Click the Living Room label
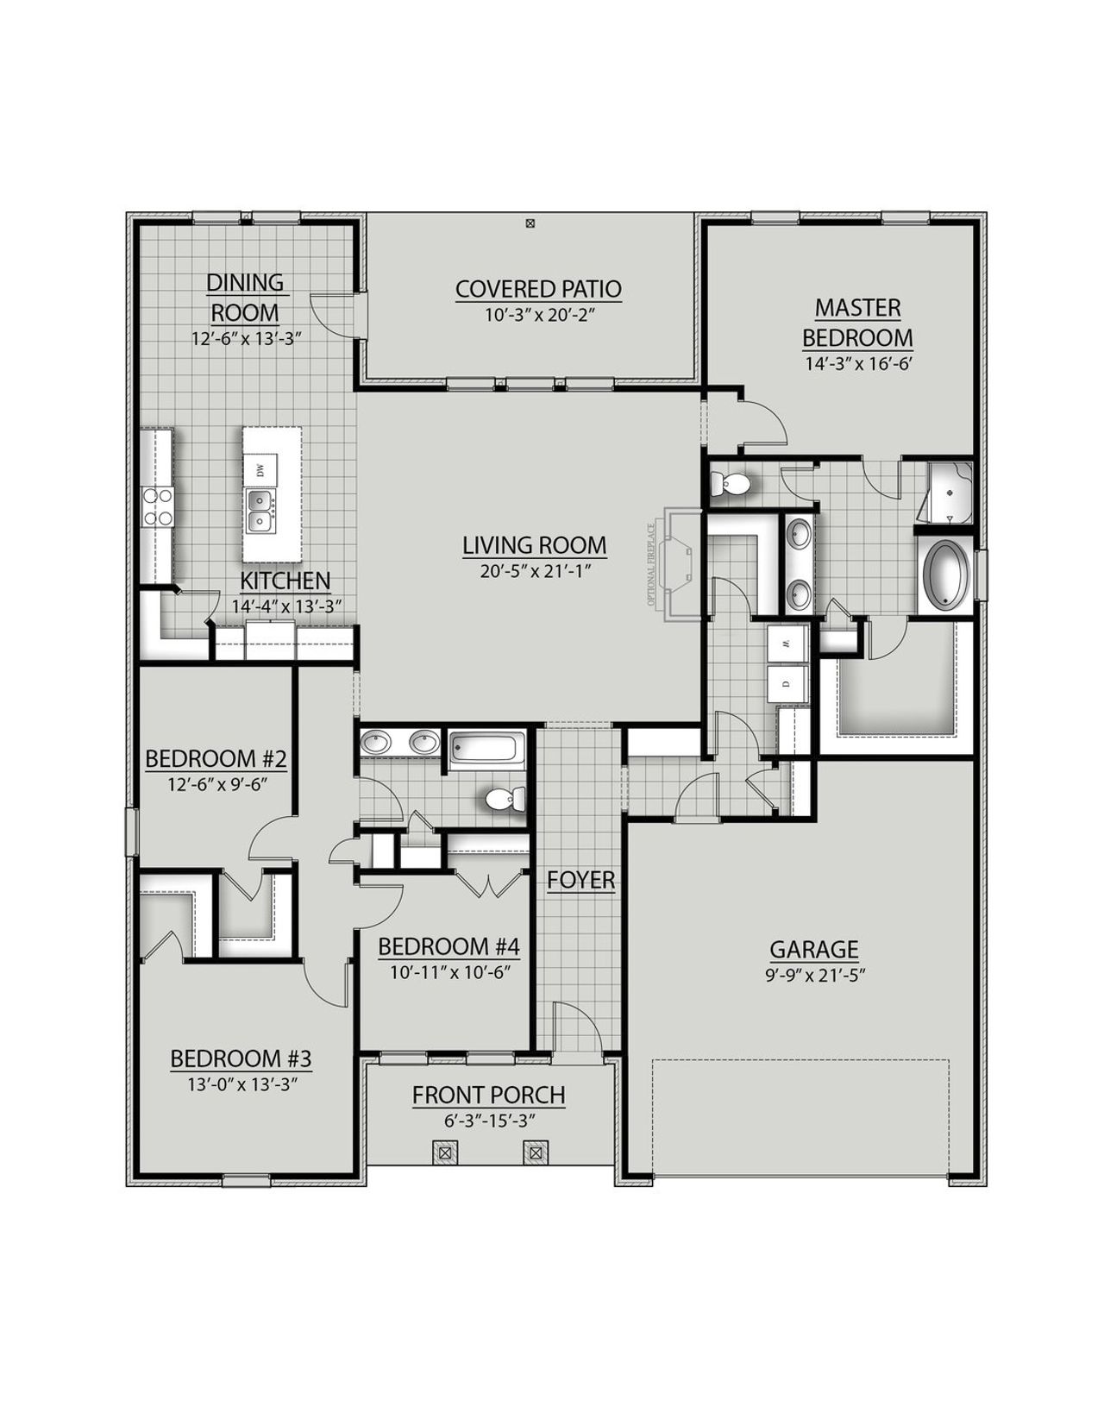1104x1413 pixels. click(x=534, y=545)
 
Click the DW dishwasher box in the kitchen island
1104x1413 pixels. click(x=260, y=469)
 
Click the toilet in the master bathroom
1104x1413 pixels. click(x=731, y=484)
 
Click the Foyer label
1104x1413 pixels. click(x=580, y=880)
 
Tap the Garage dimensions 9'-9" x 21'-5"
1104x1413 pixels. click(x=813, y=974)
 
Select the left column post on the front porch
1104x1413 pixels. click(x=445, y=1152)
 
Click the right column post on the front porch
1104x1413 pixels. click(x=536, y=1152)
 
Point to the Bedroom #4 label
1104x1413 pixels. click(x=448, y=946)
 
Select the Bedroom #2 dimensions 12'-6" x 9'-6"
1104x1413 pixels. click(x=216, y=784)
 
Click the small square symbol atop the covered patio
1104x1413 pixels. click(x=530, y=223)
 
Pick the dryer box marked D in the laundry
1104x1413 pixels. click(x=787, y=683)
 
